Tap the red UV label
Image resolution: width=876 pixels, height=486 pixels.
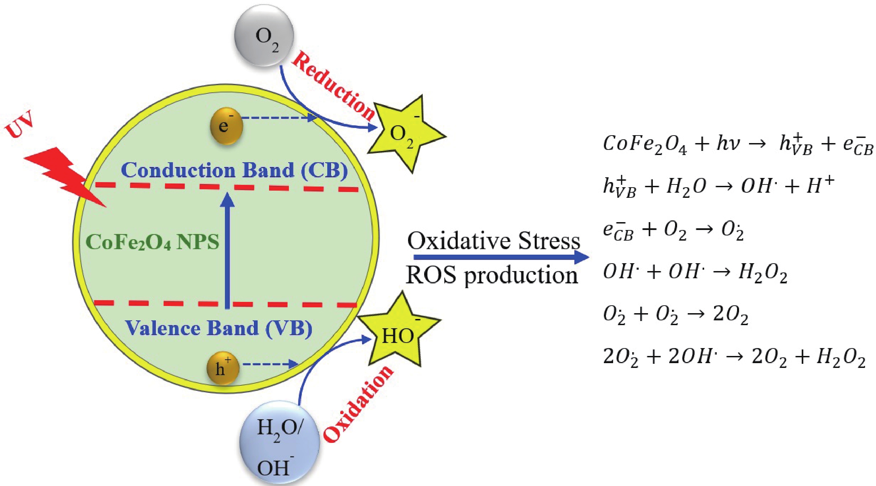[x=20, y=124]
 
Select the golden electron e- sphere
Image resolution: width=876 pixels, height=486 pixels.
[x=226, y=126]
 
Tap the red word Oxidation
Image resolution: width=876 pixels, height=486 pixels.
[x=358, y=404]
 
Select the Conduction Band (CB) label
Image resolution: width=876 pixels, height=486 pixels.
[x=234, y=170]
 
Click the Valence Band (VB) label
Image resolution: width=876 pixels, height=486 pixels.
[x=219, y=328]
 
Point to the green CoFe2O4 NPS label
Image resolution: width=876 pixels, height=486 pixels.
[x=152, y=242]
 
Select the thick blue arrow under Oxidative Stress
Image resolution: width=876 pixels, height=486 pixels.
[x=502, y=257]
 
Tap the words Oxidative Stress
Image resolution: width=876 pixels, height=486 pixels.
[x=494, y=241]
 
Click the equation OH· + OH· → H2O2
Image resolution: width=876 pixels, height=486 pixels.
[x=695, y=273]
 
